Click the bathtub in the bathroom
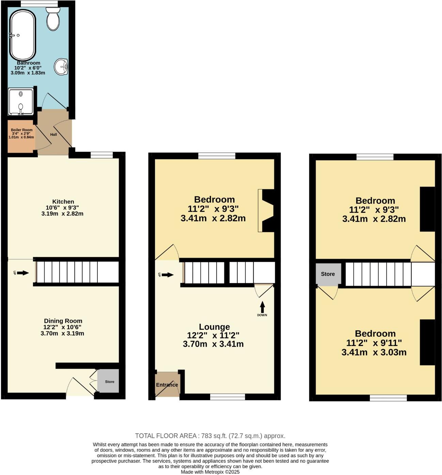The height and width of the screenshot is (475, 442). [x=22, y=35]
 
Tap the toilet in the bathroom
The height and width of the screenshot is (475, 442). [x=53, y=19]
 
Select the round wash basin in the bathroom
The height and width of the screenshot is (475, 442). [x=62, y=66]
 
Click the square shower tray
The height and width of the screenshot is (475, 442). [x=21, y=101]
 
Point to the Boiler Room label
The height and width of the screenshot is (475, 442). [x=21, y=130]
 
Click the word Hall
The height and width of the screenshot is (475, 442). [x=53, y=134]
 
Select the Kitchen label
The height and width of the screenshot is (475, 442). [x=63, y=202]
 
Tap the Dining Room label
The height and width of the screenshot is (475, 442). [x=63, y=321]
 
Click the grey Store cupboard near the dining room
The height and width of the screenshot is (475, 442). [x=109, y=381]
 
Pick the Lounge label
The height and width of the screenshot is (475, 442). [x=214, y=327]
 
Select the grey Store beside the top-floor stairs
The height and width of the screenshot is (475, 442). [x=328, y=274]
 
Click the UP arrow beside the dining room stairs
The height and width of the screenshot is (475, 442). [x=22, y=273]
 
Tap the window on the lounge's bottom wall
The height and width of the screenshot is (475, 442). [x=227, y=397]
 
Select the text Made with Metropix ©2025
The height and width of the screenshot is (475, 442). [x=210, y=472]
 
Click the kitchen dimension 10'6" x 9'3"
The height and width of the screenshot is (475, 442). [x=62, y=208]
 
